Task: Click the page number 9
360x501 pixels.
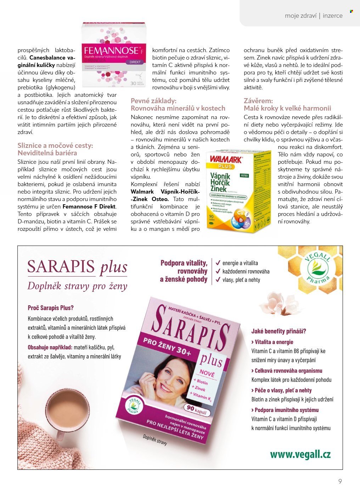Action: [340, 481]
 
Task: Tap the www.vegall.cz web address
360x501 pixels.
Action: [300, 454]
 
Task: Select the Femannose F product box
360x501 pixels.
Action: [114, 55]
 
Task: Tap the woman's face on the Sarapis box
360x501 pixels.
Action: [167, 377]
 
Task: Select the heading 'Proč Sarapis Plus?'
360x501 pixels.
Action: [51, 308]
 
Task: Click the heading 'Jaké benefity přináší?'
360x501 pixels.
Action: [279, 331]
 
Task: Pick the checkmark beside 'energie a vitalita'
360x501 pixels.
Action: [218, 263]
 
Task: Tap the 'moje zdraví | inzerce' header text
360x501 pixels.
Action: [314, 16]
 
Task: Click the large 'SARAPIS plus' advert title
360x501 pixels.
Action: [77, 267]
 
